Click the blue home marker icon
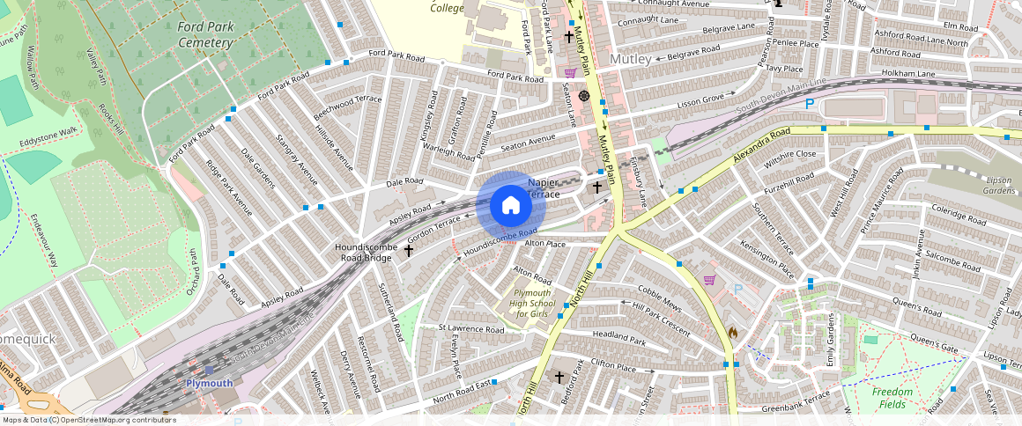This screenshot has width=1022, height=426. (510, 205)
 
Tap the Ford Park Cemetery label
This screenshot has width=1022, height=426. (205, 34)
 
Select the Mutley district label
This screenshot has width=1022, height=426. (630, 59)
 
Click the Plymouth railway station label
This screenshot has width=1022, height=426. (209, 384)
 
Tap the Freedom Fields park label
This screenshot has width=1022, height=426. (892, 398)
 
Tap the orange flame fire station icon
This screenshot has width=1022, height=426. (732, 333)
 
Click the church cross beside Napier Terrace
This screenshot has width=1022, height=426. (596, 187)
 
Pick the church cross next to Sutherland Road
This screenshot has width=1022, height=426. (409, 251)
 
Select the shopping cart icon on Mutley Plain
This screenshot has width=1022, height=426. (570, 73)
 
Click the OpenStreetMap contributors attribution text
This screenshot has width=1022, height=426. (88, 420)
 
